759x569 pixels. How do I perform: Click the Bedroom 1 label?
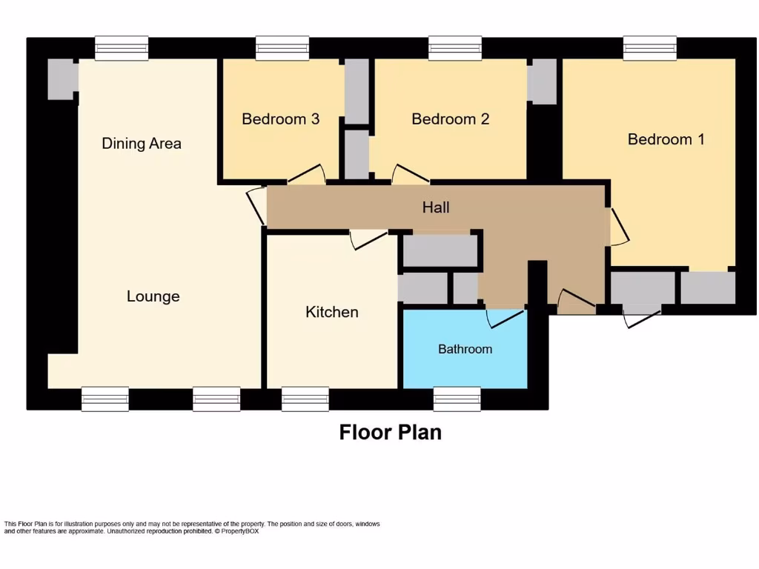[666, 139]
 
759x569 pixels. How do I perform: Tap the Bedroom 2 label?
[450, 119]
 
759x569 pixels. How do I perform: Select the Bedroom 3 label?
[280, 119]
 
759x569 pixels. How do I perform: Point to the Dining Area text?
[142, 143]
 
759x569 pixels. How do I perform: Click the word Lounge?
[153, 296]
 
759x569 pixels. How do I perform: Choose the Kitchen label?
[331, 312]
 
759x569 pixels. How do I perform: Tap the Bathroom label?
[465, 349]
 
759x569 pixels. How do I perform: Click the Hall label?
[436, 207]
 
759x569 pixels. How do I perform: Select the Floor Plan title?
[390, 432]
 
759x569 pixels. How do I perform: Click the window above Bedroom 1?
[649, 48]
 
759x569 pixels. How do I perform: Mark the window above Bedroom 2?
[455, 48]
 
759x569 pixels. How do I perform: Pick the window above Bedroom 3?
[282, 48]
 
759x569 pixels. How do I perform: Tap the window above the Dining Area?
[122, 48]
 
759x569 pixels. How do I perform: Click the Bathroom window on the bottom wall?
[457, 399]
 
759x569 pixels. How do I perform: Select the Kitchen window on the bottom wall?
[305, 399]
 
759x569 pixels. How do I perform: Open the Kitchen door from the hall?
[368, 239]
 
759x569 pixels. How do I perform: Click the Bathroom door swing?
[506, 317]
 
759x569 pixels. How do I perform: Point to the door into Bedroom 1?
[618, 227]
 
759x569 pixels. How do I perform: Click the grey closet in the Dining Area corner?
[62, 79]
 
